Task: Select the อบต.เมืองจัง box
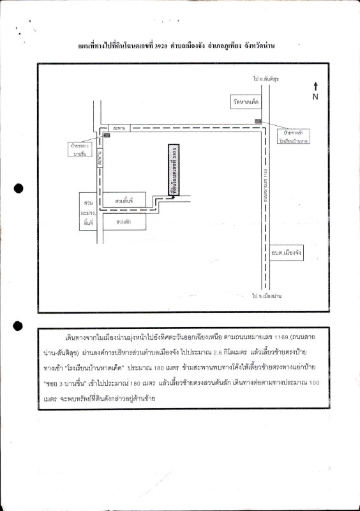tap(286, 252)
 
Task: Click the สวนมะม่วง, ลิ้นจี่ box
tap(87, 210)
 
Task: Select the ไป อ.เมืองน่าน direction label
tap(267, 296)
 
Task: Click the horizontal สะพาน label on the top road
tap(116, 128)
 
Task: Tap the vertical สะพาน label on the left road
tap(100, 162)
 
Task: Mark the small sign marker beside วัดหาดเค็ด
tap(258, 121)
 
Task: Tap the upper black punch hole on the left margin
tap(19, 188)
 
